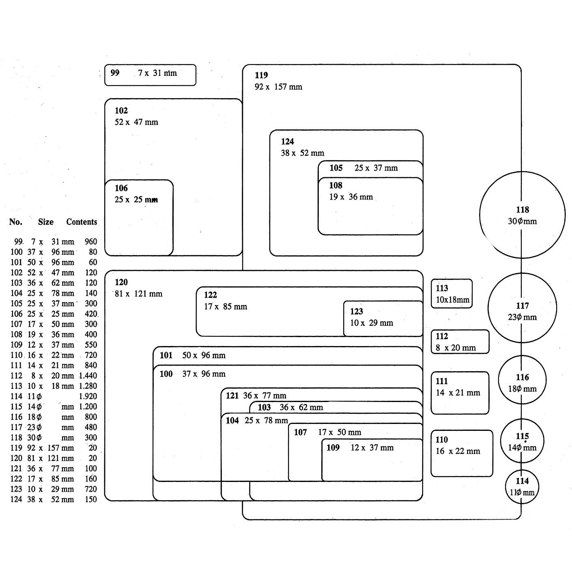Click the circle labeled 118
click(x=522, y=215)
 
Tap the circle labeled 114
click(x=522, y=486)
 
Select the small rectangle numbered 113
click(x=452, y=293)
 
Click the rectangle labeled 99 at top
click(x=150, y=75)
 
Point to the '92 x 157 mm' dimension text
click(x=278, y=87)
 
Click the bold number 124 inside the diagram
click(x=287, y=142)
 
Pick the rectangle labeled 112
click(x=460, y=342)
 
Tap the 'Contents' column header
click(x=82, y=222)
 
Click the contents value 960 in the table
click(x=91, y=242)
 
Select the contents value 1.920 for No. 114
click(x=88, y=396)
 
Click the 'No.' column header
click(x=16, y=222)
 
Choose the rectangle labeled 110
click(x=462, y=453)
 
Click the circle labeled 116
click(x=522, y=380)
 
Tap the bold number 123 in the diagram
click(x=357, y=312)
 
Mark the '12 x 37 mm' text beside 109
click(x=372, y=448)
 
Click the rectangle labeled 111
click(x=460, y=393)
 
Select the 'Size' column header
click(x=46, y=222)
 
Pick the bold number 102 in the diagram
click(x=121, y=111)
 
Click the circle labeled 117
click(x=522, y=308)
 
